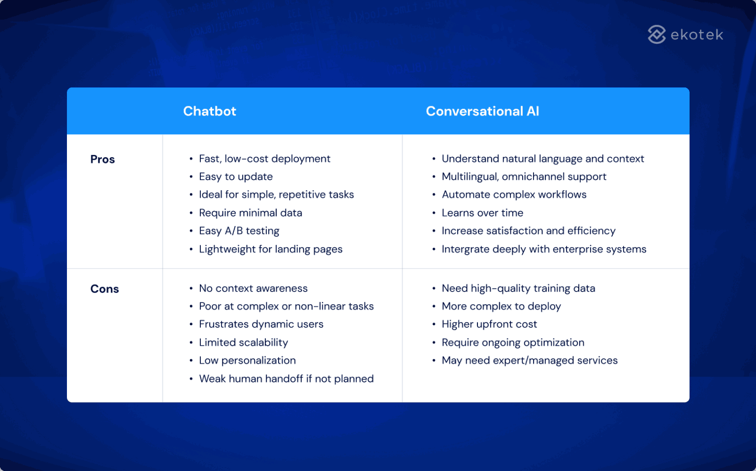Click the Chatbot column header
[x=210, y=111]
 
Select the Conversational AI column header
[x=482, y=111]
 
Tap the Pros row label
[x=102, y=159]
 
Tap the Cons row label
[x=104, y=289]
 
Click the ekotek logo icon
[x=657, y=34]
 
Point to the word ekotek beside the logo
[x=697, y=35]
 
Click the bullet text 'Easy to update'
[x=236, y=177]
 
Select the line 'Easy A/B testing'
[x=239, y=231]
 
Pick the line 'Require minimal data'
[x=251, y=213]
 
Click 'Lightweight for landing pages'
[x=271, y=249]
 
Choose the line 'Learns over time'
[x=482, y=213]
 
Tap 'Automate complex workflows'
[x=514, y=195]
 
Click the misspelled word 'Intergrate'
[x=462, y=249]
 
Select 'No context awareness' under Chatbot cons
[x=253, y=288]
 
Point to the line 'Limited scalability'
[x=243, y=342]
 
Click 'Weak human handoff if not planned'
[x=286, y=379]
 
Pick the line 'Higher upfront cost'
[x=489, y=324]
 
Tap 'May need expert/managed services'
[x=530, y=360]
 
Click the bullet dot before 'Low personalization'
[x=191, y=361]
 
